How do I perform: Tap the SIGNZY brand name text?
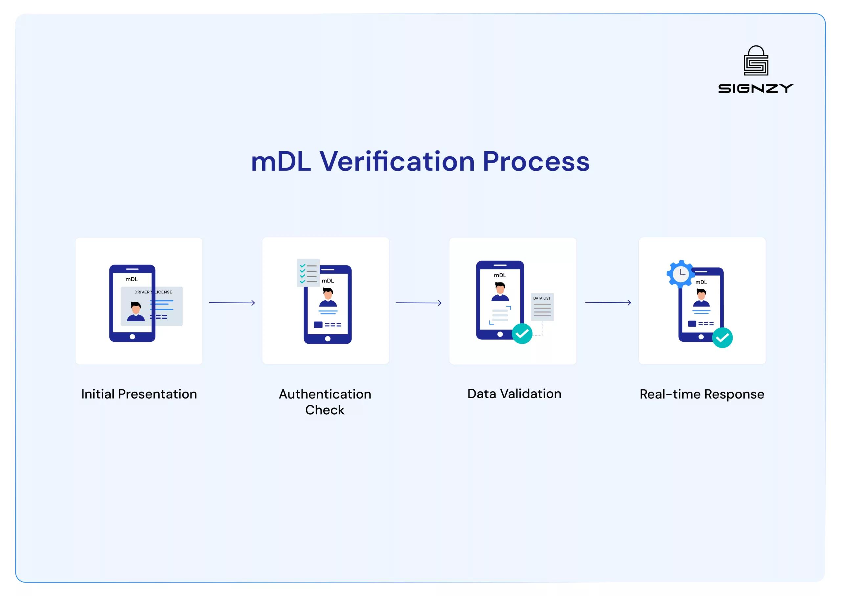(756, 88)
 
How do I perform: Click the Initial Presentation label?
(139, 394)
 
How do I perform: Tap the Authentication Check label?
(325, 402)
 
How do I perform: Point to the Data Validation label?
(514, 394)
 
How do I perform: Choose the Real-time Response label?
(702, 394)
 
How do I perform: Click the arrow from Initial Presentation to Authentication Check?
(232, 303)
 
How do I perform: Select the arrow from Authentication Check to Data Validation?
(418, 303)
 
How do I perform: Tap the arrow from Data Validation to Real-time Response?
(608, 302)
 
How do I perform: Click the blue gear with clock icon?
(681, 274)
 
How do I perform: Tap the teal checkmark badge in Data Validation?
(522, 333)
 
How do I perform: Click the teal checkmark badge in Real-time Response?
(722, 338)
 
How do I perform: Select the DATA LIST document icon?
(542, 307)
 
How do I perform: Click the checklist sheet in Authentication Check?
(308, 273)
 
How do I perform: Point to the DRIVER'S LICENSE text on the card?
(153, 292)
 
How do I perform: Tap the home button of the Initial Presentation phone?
(132, 336)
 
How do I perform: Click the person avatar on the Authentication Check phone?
(328, 297)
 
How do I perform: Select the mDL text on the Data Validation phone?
(500, 275)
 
